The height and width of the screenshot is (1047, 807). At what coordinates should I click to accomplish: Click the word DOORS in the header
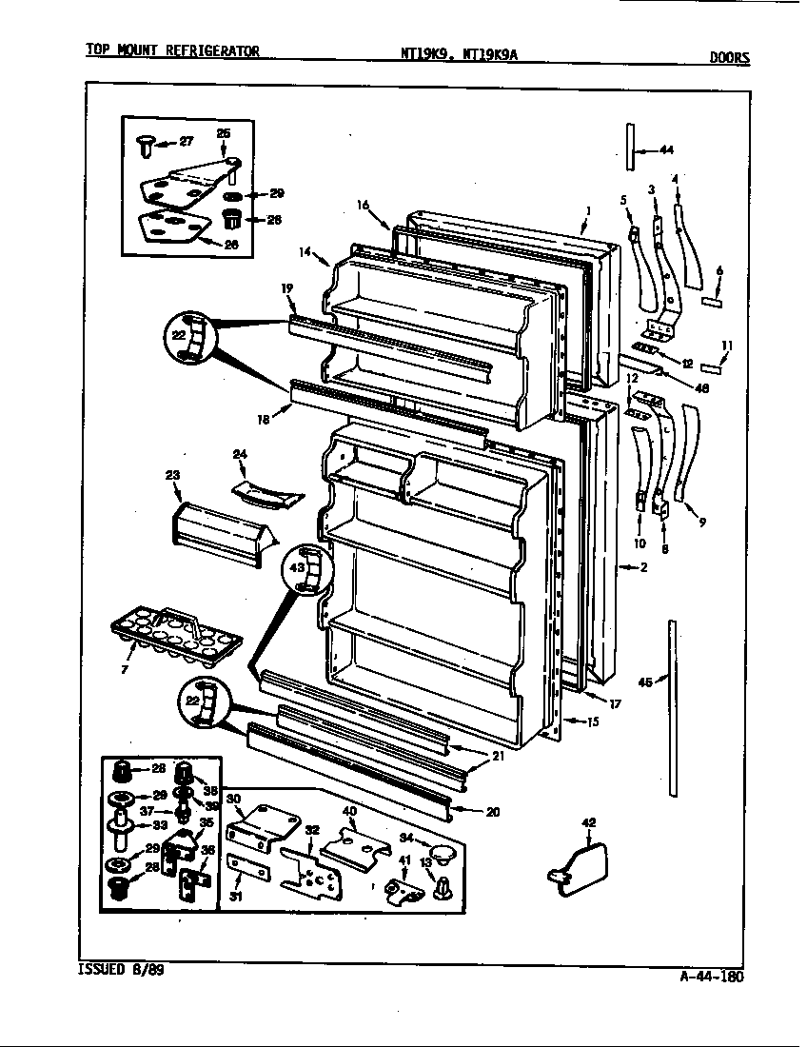[x=729, y=56]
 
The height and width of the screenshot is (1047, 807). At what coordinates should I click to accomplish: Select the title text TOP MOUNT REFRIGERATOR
[x=172, y=51]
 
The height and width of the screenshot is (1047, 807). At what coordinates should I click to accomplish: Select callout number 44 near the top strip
[x=665, y=149]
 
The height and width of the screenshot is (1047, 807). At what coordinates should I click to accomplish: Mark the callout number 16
[x=363, y=205]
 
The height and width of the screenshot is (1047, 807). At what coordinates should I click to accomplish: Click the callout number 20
[x=492, y=812]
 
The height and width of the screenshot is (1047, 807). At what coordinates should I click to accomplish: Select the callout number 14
[x=305, y=252]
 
